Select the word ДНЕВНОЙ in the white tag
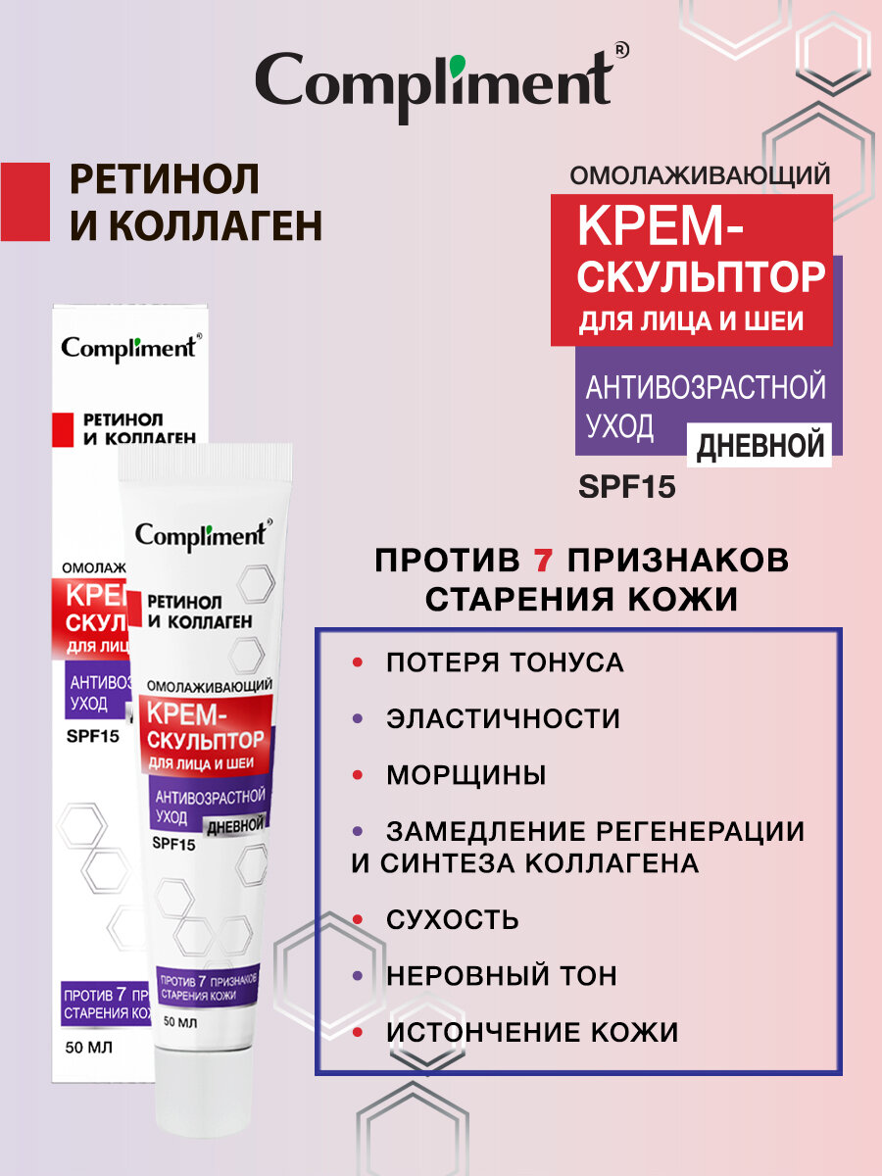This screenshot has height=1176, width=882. click(759, 447)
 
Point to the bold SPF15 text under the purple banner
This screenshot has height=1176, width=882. click(627, 487)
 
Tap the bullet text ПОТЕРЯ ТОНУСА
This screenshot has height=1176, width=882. click(505, 662)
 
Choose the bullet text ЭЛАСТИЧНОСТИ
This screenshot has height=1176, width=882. click(503, 718)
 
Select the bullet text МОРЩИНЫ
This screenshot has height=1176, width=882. click(465, 775)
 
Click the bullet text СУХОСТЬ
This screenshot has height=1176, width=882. click(452, 920)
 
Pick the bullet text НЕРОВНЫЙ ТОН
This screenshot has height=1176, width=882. click(502, 976)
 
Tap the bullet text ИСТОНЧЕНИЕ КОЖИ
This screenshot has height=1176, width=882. click(532, 1032)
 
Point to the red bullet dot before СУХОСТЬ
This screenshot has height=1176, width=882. click(359, 920)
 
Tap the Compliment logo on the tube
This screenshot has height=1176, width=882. click(201, 535)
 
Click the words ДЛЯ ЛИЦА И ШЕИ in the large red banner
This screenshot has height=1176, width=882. click(691, 320)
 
